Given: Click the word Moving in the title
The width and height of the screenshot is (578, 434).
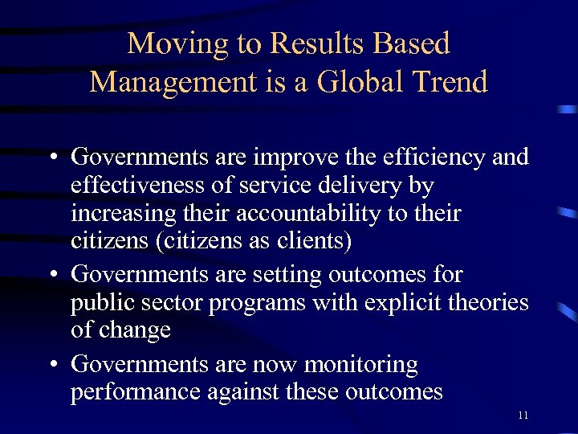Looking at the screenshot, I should pyautogui.click(x=176, y=44).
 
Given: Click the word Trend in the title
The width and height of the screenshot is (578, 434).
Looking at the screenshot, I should pyautogui.click(x=450, y=82).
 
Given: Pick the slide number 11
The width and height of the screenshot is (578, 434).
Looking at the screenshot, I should pyautogui.click(x=523, y=415).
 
